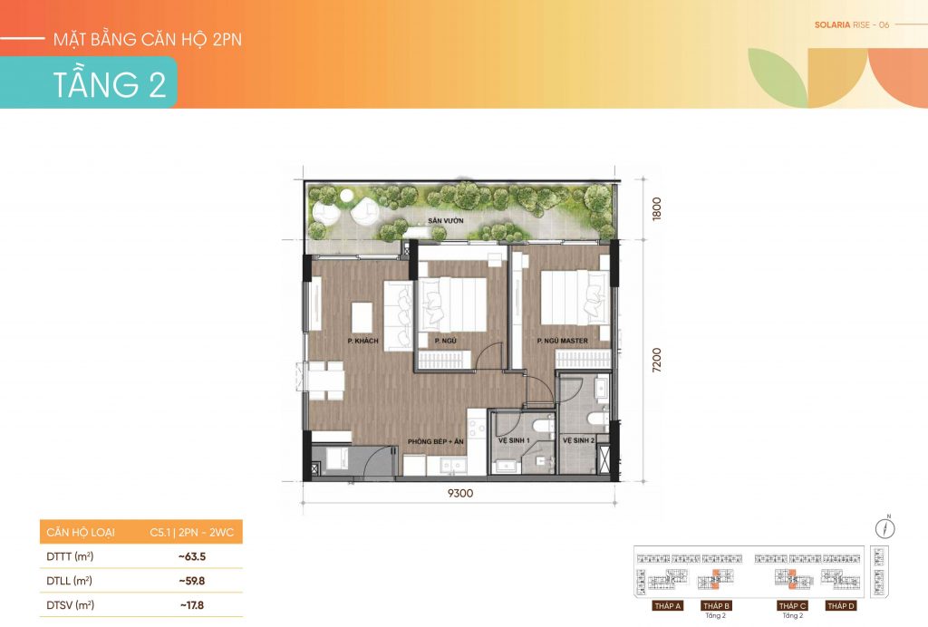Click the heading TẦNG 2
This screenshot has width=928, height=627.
(x=110, y=84)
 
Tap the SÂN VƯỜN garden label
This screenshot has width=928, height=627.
(x=446, y=221)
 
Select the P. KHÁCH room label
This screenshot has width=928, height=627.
(x=362, y=341)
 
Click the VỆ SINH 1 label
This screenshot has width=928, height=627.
(x=515, y=440)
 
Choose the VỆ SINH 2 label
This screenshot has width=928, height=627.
(x=579, y=440)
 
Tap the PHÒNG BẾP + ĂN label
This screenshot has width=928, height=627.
(x=435, y=440)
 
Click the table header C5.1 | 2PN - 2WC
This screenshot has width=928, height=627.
(x=192, y=532)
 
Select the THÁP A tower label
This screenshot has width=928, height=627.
(x=667, y=605)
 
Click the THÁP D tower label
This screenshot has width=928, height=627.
(x=840, y=605)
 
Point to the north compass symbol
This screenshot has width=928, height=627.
(x=886, y=528)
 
